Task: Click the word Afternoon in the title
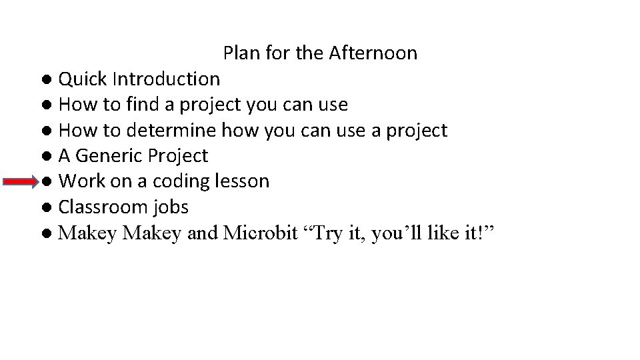click(x=373, y=53)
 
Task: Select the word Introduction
click(x=166, y=79)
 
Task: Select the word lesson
click(x=244, y=181)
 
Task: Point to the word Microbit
click(x=261, y=233)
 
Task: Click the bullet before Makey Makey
click(x=45, y=234)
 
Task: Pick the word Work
click(x=81, y=181)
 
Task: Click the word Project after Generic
click(x=178, y=156)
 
